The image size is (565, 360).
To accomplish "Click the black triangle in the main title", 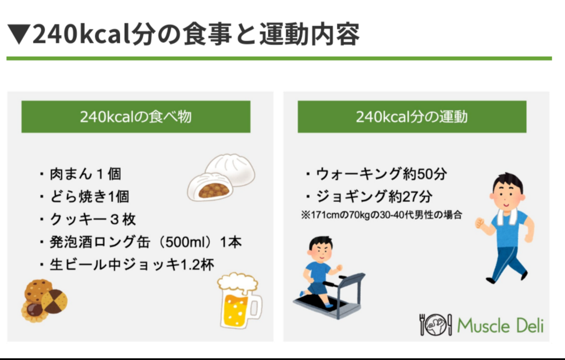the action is tap(19, 34).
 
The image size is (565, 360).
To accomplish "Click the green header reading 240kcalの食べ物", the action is tap(136, 117).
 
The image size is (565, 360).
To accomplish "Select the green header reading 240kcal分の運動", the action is tap(412, 117).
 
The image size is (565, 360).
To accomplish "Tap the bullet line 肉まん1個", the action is tap(80, 174).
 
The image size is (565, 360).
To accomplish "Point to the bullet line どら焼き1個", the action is tap(84, 196).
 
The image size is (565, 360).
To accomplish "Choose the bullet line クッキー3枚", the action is tap(87, 219).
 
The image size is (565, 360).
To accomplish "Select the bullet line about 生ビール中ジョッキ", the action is tap(127, 265).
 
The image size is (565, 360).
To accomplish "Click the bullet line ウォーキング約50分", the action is tap(376, 174).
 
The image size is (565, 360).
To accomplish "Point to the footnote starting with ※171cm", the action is tap(382, 215).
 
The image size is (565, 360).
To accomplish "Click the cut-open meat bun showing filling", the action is tap(209, 187).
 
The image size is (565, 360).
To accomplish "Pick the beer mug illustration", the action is tap(239, 300).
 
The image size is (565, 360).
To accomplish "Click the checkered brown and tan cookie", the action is tap(54, 301).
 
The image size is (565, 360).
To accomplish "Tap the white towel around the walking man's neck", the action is tap(507, 216).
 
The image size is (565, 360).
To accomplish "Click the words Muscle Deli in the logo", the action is tap(500, 326).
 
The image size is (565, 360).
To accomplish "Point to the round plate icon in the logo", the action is tap(436, 325).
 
